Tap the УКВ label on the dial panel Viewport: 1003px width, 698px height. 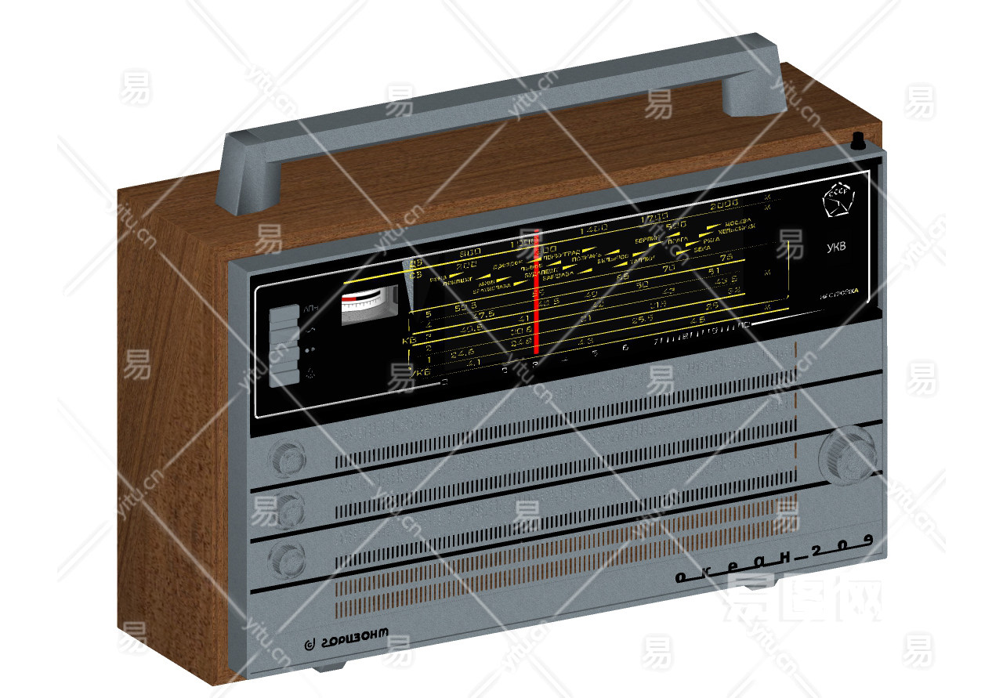[x=836, y=248]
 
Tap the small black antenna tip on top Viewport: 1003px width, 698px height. [x=857, y=142]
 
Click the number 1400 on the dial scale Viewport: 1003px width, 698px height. [x=593, y=230]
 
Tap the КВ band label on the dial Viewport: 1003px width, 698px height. [x=408, y=342]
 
